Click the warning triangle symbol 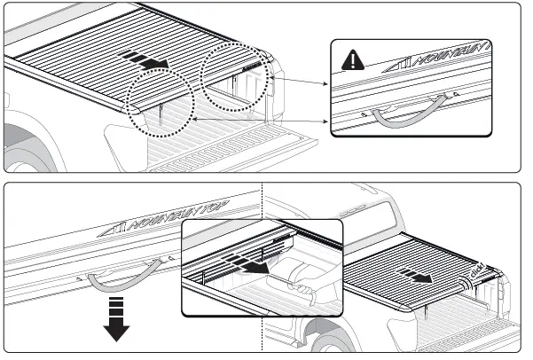pyautogui.click(x=353, y=60)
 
